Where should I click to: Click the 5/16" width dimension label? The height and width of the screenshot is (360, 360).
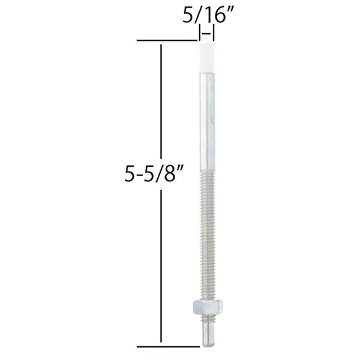[206, 17]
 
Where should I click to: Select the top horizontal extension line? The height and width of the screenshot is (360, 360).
[168, 40]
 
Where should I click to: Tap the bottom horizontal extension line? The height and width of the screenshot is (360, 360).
[168, 346]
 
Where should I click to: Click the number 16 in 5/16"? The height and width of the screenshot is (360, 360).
[212, 17]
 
